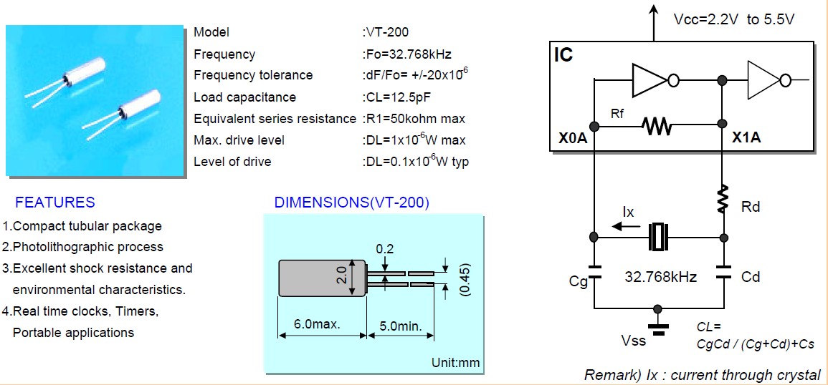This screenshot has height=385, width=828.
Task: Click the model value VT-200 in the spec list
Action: pos(388,32)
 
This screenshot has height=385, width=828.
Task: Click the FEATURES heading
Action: pos(55,203)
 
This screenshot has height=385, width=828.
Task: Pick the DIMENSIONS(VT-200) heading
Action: pos(351,203)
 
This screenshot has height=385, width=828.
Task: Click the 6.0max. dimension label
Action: pos(317,324)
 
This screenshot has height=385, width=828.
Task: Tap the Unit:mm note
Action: pos(455,362)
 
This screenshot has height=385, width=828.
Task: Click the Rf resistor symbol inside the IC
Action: pos(657,127)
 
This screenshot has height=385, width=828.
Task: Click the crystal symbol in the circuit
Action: pos(657,238)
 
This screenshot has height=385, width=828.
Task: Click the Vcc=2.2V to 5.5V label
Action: pos(733,19)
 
